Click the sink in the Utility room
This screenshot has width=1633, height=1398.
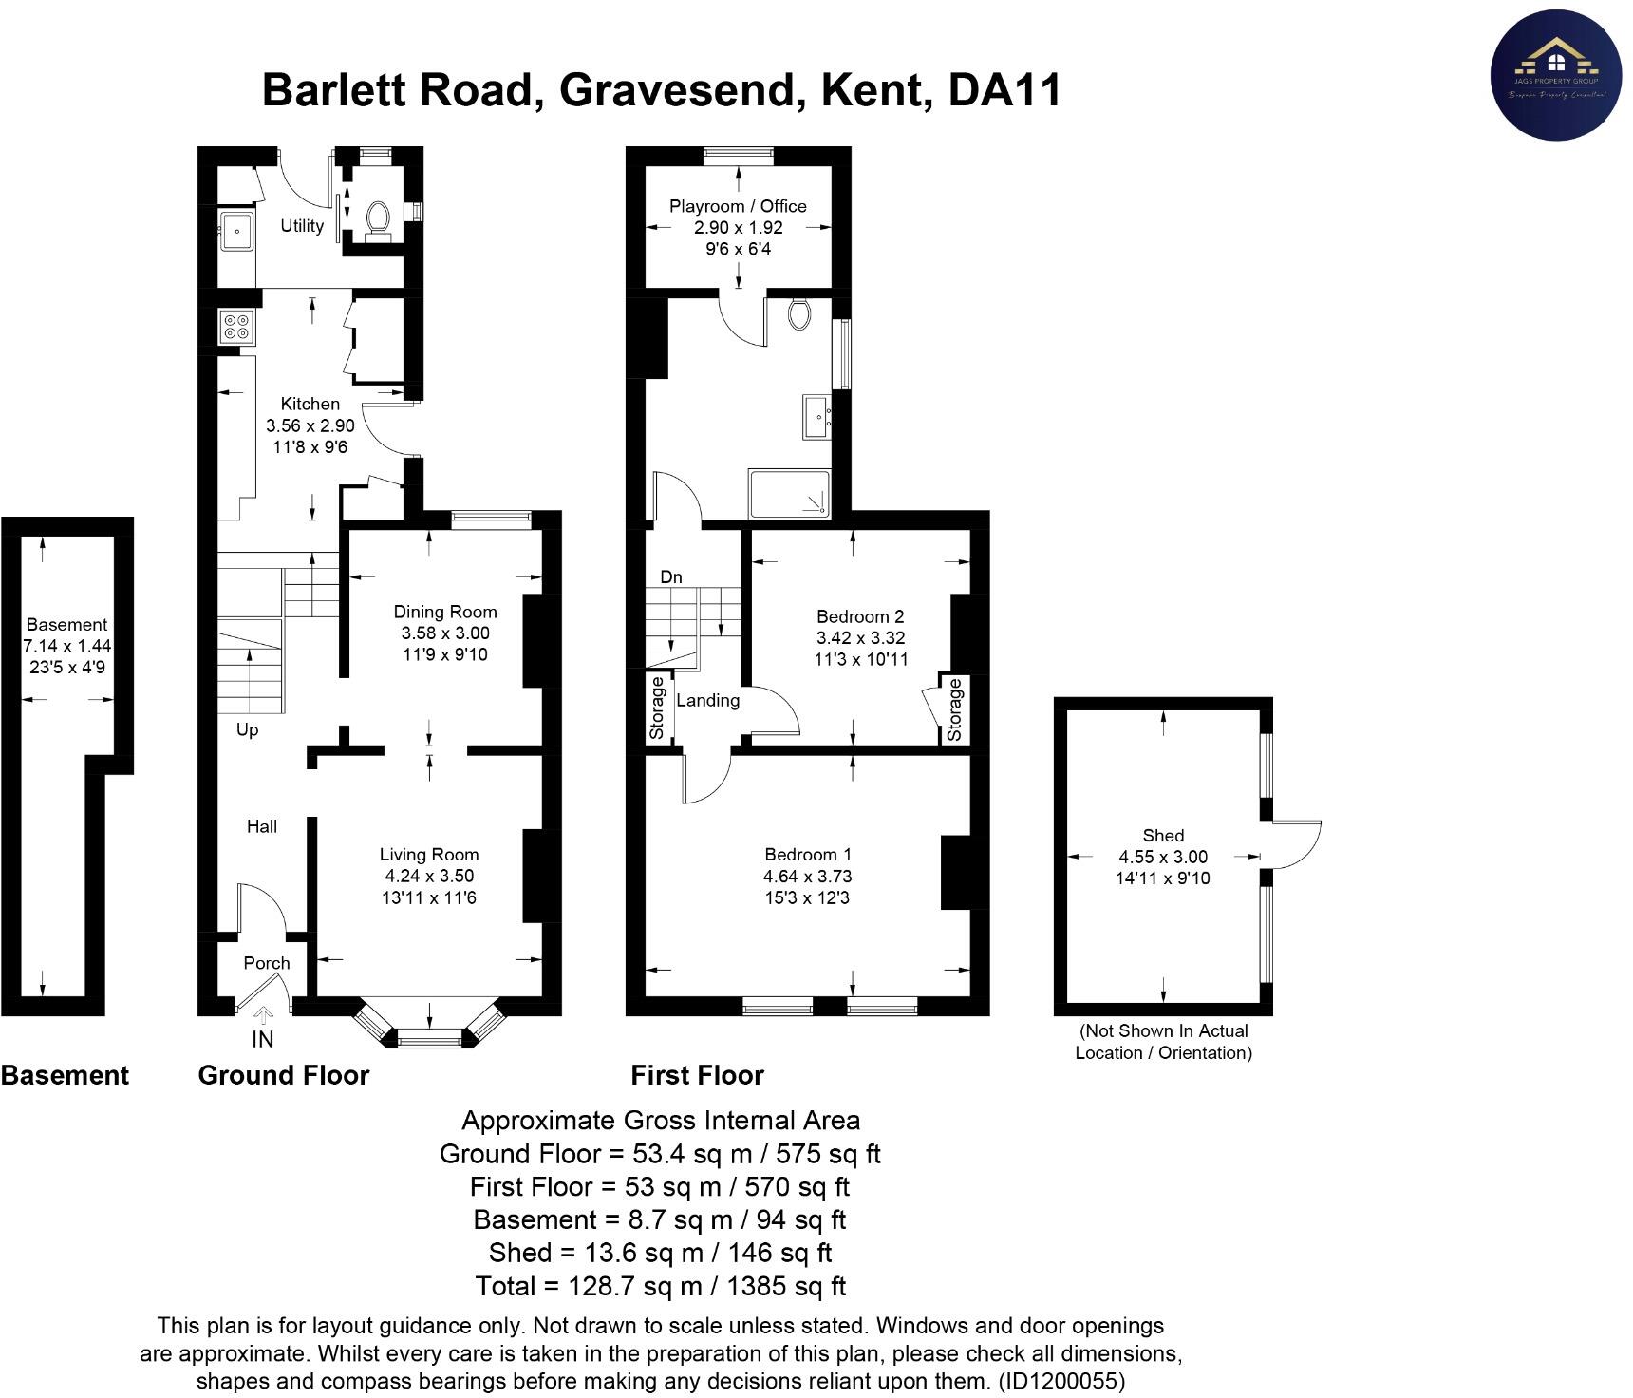point(235,229)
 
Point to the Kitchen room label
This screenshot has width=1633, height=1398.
point(310,404)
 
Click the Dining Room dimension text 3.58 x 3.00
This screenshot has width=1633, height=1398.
point(445,633)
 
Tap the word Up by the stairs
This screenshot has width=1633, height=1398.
point(247,729)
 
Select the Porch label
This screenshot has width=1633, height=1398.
point(266,963)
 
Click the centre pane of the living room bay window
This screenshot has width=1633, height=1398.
point(429,1041)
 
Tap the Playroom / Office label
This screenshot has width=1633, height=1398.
point(738,206)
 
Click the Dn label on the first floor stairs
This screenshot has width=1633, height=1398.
point(671,577)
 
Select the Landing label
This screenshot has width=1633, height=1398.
point(707,700)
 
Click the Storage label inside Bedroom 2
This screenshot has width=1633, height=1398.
point(955,709)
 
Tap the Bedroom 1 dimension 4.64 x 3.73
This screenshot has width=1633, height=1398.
point(807,876)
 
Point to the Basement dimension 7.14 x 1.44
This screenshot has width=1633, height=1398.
point(67,646)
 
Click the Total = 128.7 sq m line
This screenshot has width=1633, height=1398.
point(660,1286)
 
